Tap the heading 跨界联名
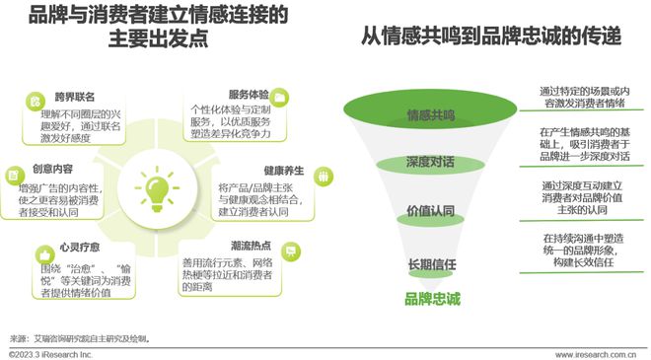[76, 98]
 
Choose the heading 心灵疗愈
[77, 251]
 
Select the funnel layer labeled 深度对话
[431, 162]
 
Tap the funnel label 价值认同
[431, 212]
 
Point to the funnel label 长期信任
[431, 264]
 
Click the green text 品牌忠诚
[431, 299]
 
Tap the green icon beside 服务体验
[280, 95]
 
